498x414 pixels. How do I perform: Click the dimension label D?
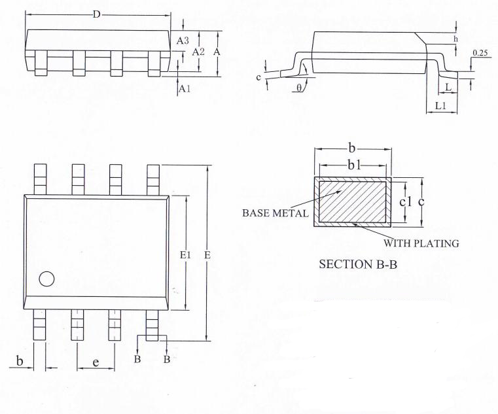(x=97, y=14)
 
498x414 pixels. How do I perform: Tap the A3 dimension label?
(x=183, y=41)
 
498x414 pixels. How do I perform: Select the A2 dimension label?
(x=198, y=52)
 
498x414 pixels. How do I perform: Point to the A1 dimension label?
(x=185, y=89)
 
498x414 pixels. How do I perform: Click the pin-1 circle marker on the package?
(x=46, y=279)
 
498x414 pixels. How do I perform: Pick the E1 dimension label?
(x=185, y=254)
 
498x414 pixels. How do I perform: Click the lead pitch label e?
(x=96, y=362)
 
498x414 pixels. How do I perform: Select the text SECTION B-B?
(x=358, y=264)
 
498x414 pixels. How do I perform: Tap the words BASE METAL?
(x=275, y=213)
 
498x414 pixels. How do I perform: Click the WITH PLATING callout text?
(x=421, y=243)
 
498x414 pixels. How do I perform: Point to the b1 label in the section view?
(x=354, y=165)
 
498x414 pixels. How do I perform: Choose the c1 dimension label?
(x=405, y=201)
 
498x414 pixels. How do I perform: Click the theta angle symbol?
(x=300, y=88)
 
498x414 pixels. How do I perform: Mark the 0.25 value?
(x=480, y=54)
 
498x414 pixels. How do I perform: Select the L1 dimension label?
(x=440, y=106)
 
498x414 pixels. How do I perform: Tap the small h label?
(x=455, y=39)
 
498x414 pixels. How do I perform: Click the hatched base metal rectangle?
(x=353, y=201)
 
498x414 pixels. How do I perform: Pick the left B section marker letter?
(x=137, y=359)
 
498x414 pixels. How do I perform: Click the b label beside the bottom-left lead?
(x=20, y=361)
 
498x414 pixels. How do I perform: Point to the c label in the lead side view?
(x=258, y=77)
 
